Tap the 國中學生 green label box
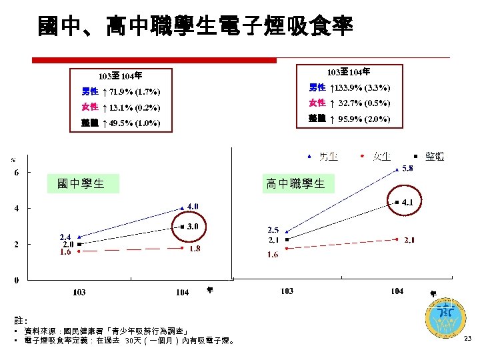click(81, 183)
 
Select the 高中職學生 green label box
click(295, 183)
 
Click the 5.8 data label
click(406, 168)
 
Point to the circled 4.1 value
click(407, 202)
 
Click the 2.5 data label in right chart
click(273, 230)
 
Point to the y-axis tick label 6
click(17, 173)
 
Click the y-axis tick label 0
click(17, 280)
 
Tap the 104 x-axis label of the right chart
click(397, 291)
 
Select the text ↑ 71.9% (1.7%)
click(130, 91)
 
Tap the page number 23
click(467, 339)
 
